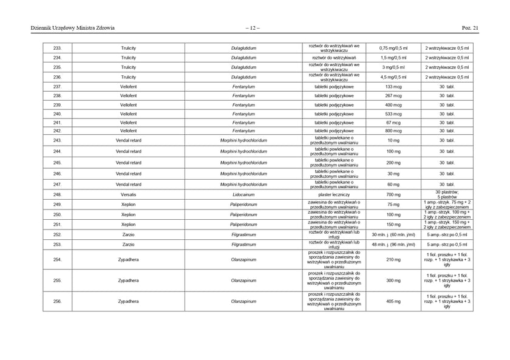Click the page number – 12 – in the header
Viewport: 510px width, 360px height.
[x=253, y=27]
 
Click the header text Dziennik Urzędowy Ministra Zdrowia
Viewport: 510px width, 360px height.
[x=73, y=27]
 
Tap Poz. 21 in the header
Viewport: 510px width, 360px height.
[x=471, y=27]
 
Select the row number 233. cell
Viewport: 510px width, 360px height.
[x=57, y=47]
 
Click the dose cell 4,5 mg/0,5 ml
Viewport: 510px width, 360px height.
[x=393, y=77]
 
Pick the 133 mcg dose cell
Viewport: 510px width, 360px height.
[x=393, y=87]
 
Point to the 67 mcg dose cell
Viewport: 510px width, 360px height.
[x=393, y=123]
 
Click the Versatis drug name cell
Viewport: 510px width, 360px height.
[x=128, y=194]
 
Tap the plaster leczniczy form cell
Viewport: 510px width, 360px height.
[x=334, y=194]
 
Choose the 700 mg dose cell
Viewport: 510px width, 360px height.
[x=393, y=194]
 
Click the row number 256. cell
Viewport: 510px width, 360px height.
[x=57, y=301]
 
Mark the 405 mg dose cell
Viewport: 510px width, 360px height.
[x=393, y=301]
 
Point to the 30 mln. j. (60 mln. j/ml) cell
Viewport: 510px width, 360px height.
[x=393, y=234]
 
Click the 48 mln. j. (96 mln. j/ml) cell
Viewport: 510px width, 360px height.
[x=393, y=245]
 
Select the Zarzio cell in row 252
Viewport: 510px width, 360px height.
[x=128, y=234]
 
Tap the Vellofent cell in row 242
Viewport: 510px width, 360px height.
[x=128, y=131]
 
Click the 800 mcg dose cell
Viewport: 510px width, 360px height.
[x=393, y=131]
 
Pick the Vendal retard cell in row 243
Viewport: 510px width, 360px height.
[x=128, y=140]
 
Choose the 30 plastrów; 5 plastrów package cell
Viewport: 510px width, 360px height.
[x=447, y=194]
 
